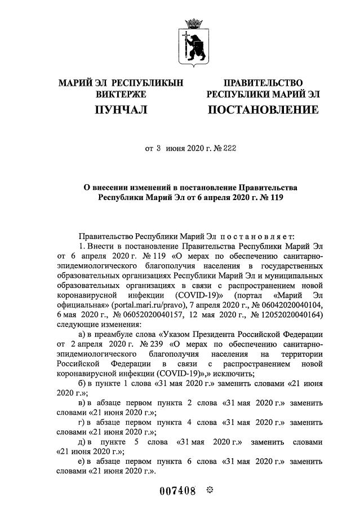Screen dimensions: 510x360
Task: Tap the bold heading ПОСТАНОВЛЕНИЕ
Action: pos(263,110)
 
